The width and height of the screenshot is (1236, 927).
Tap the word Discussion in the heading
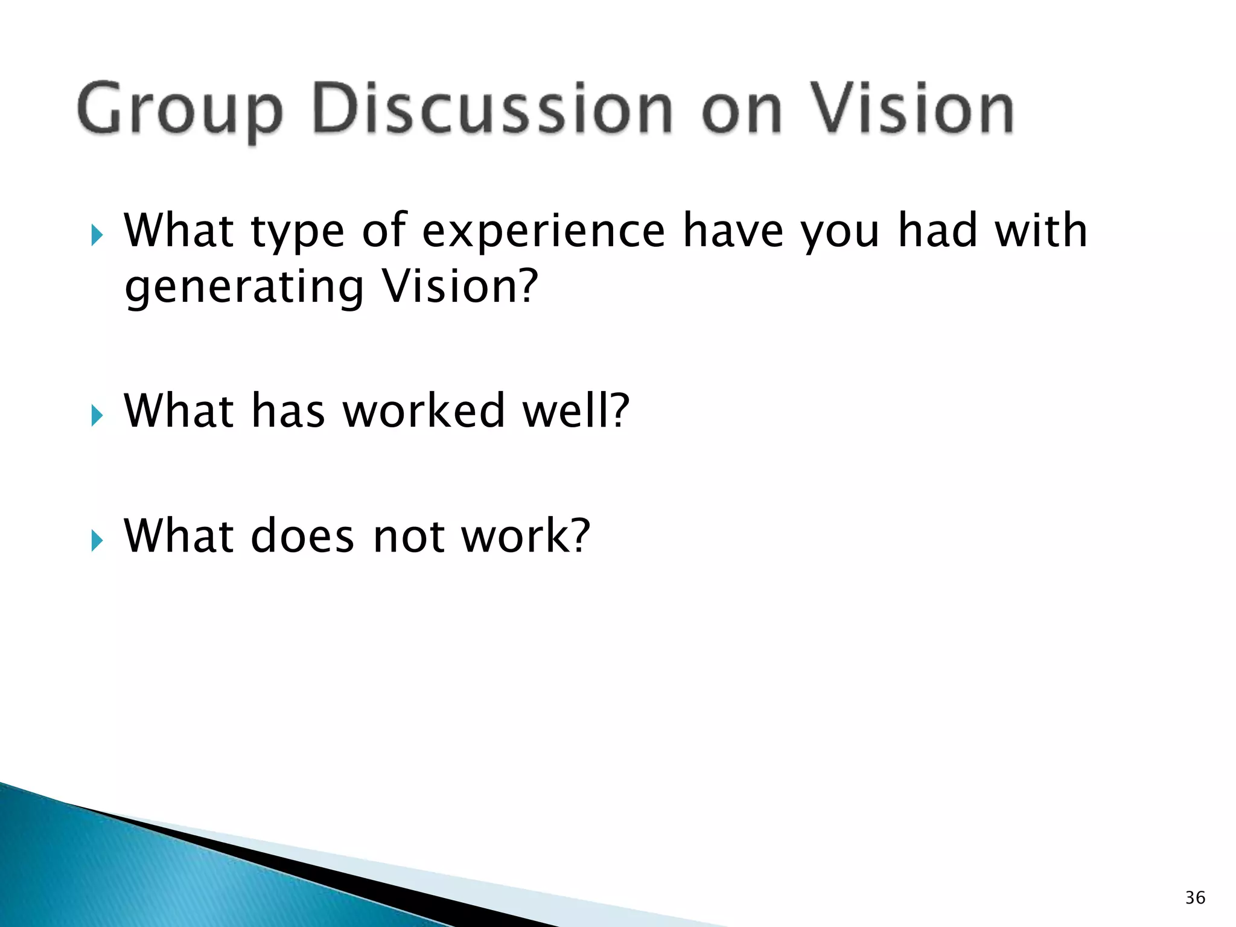pos(492,109)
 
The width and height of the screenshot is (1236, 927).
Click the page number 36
pos(1195,897)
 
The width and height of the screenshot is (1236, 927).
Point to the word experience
pos(543,232)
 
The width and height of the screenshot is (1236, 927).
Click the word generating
pos(244,288)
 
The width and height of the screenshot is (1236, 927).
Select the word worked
pos(424,411)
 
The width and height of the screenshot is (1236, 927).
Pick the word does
pos(302,536)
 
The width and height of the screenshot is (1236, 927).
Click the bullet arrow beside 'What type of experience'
pos(97,235)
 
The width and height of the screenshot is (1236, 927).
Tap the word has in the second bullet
pos(288,411)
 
